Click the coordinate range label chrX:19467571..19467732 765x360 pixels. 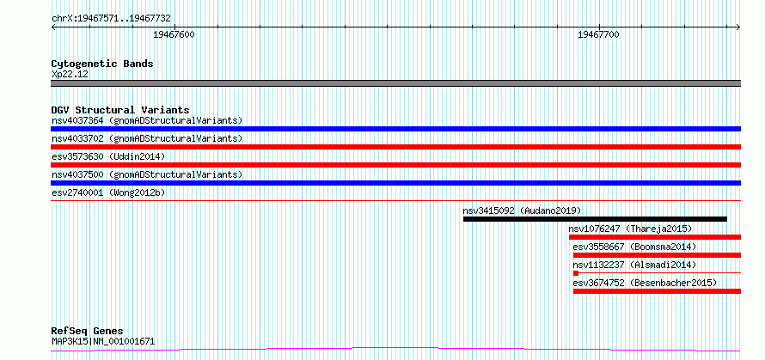click(111, 19)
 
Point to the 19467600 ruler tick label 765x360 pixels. click(174, 34)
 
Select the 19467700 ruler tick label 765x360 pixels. click(598, 34)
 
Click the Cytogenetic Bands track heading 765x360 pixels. click(102, 64)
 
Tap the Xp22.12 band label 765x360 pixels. click(70, 75)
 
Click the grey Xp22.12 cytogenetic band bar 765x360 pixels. click(395, 83)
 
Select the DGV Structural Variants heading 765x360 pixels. click(120, 110)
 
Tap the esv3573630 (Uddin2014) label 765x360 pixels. click(108, 156)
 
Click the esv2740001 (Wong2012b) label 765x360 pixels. click(108, 192)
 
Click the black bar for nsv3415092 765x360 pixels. click(595, 219)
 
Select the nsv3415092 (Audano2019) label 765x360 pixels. click(522, 211)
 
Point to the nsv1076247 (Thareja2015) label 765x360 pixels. click(630, 229)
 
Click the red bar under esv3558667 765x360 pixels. click(657, 255)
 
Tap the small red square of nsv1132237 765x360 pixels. click(576, 273)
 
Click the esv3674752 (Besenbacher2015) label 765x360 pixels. click(645, 283)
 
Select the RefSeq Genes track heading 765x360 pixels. click(87, 332)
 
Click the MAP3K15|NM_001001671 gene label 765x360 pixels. click(103, 341)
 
